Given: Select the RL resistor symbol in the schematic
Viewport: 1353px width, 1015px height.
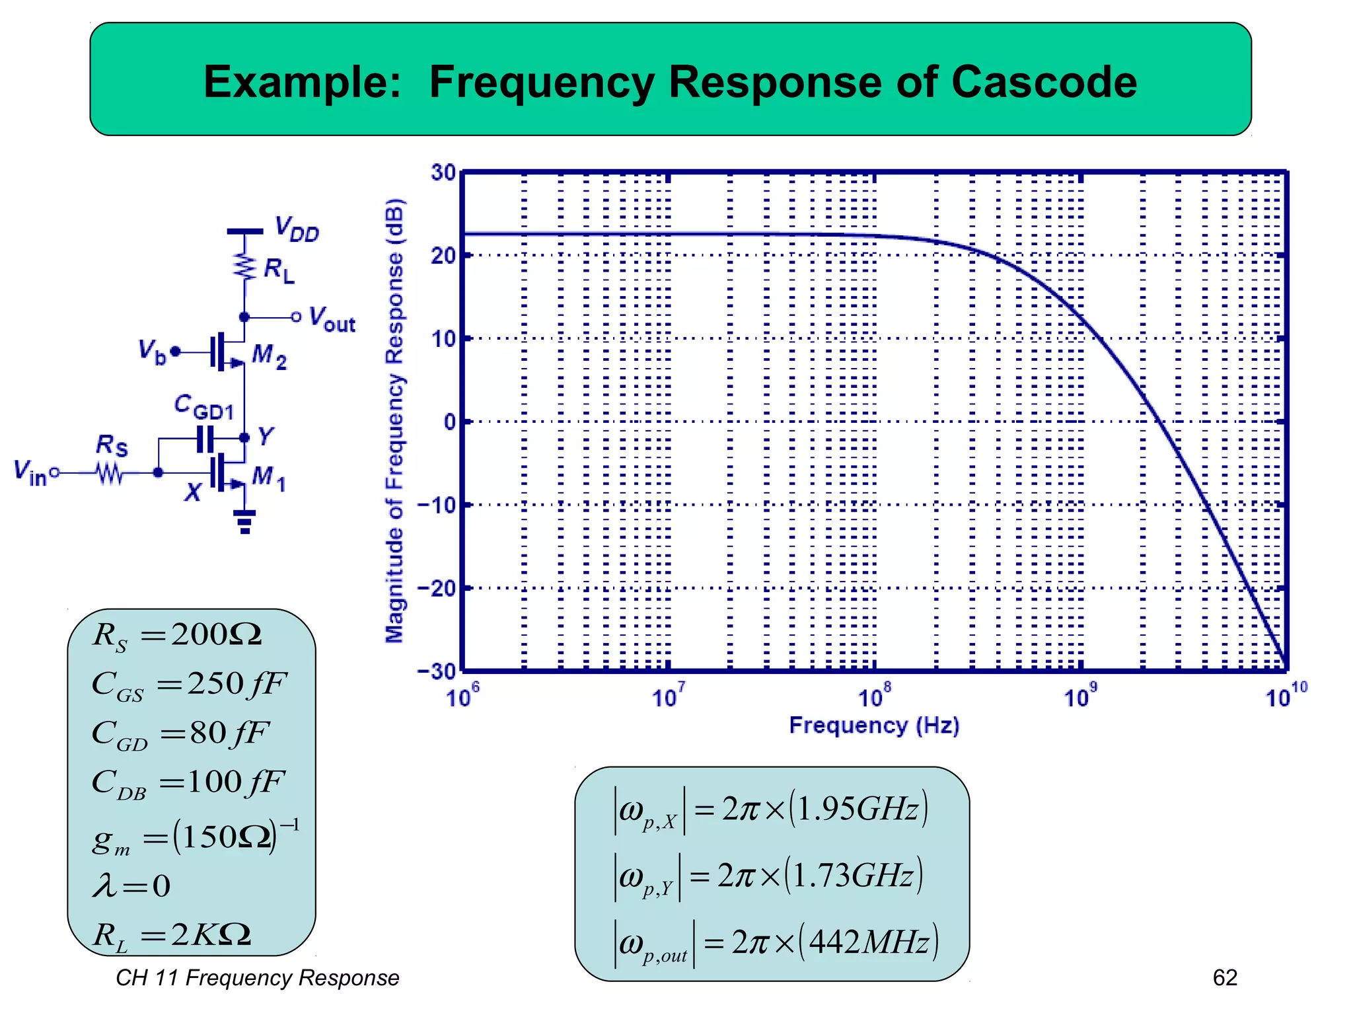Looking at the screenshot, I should coord(245,268).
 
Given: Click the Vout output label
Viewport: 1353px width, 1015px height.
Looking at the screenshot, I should coord(332,319).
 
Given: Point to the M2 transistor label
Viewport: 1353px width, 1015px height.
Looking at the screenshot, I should coord(270,357).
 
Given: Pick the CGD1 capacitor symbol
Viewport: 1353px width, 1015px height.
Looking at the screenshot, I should coord(205,438).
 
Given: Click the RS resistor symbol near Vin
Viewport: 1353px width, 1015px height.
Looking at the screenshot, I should coord(110,473).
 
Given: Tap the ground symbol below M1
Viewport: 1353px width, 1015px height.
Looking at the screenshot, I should coord(245,521).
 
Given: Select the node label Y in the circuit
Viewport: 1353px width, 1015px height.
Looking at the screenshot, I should coord(266,436).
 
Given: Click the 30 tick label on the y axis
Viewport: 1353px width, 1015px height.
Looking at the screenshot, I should coord(443,172).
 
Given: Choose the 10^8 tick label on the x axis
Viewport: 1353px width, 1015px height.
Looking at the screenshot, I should coord(874,696).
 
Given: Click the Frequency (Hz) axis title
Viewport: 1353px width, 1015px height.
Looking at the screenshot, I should coord(874,726).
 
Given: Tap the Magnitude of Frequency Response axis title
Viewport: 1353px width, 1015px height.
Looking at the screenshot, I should coord(394,420).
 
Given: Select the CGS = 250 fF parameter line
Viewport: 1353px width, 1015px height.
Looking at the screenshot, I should coord(189,684).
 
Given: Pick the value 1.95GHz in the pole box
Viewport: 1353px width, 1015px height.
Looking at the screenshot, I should coord(859,809).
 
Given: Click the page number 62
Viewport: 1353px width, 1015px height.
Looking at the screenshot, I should coord(1225,977).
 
